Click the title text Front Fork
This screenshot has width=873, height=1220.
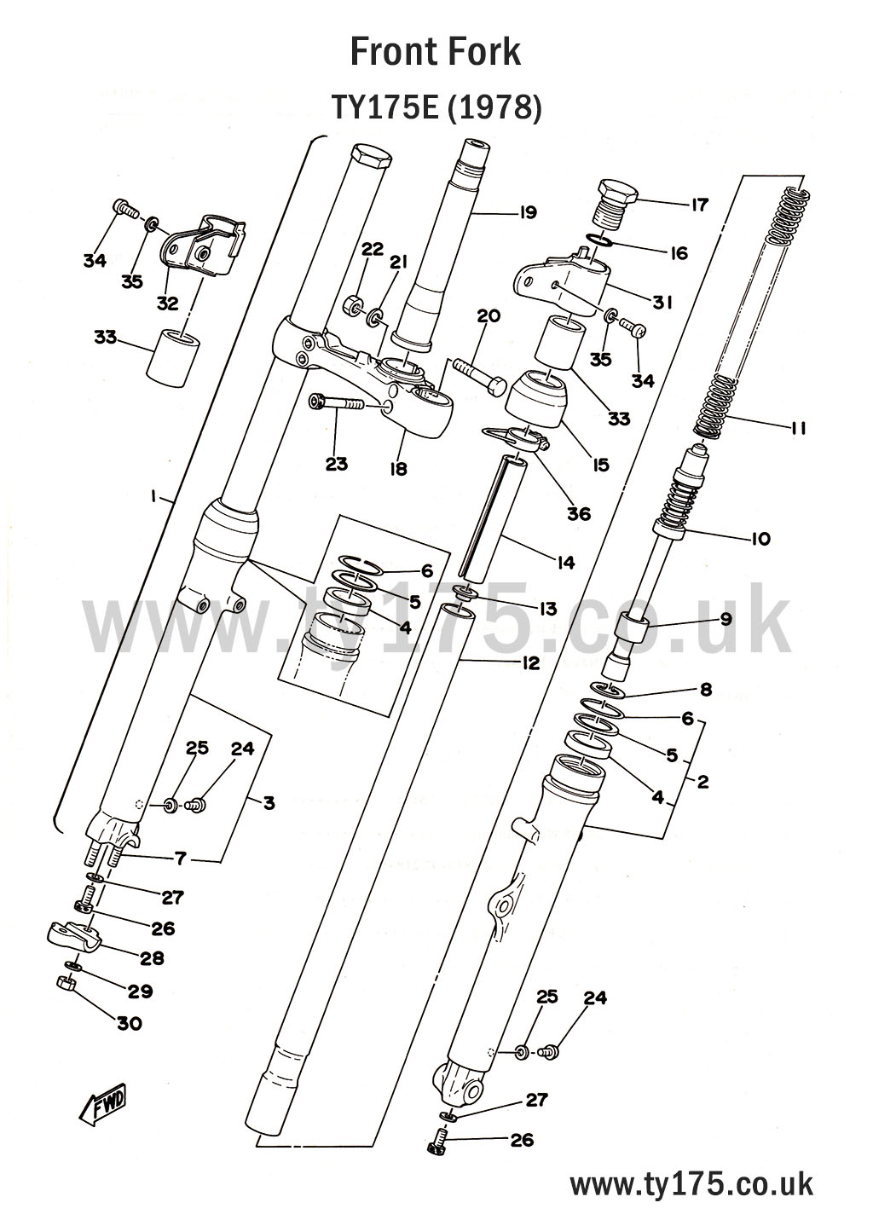tap(435, 52)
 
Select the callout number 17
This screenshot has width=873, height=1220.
tap(699, 205)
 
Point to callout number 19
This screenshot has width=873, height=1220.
tap(528, 212)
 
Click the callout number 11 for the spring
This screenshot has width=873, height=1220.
tap(797, 428)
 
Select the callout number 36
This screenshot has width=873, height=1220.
tap(578, 514)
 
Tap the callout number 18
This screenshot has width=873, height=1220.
tap(397, 468)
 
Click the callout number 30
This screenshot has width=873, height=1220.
tap(129, 1023)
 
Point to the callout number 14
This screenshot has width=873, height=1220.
tap(564, 562)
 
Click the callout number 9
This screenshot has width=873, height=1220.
tap(726, 619)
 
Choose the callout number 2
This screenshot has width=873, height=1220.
tap(702, 781)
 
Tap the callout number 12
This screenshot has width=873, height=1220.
tap(530, 662)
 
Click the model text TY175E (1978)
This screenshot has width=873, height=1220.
tap(436, 108)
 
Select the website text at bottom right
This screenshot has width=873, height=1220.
tap(691, 1184)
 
